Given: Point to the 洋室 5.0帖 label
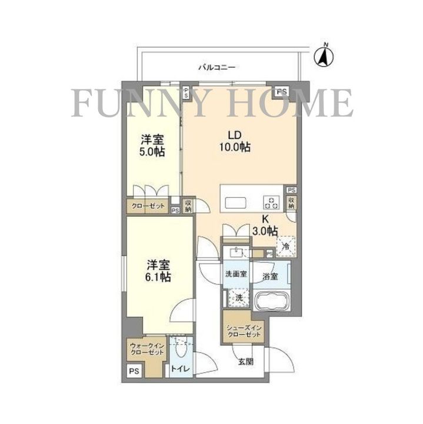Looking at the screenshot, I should click(x=152, y=146).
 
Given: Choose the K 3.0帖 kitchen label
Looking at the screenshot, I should click(x=265, y=226).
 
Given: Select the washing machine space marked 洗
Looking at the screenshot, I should click(x=239, y=298).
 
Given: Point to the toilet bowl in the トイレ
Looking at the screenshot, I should click(x=181, y=351).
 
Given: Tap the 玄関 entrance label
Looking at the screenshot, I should click(x=246, y=362).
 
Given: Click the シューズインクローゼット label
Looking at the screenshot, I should click(x=242, y=330).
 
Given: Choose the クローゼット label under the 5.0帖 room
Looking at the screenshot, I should click(x=148, y=206).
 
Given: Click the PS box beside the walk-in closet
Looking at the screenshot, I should click(x=134, y=371).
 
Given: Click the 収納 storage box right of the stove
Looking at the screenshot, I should click(x=291, y=204).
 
